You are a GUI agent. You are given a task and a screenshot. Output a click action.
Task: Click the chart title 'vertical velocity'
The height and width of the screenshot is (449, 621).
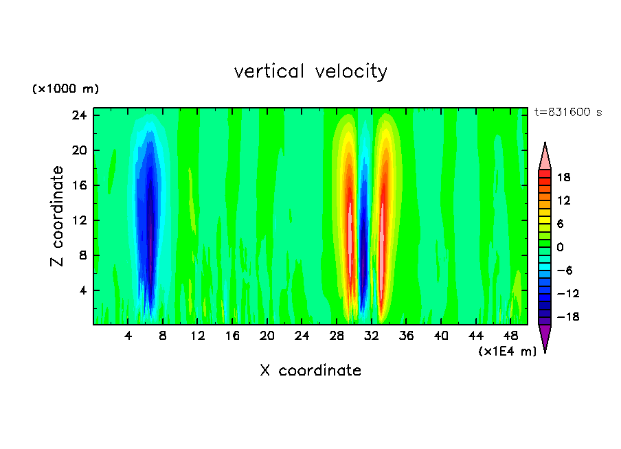click(310, 71)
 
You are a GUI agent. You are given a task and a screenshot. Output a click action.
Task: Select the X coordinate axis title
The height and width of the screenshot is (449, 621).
click(310, 371)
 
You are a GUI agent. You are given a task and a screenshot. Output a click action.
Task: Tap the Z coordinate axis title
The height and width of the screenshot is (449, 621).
click(58, 216)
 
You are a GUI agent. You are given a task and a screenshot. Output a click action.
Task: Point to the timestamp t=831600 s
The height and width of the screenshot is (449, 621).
click(567, 113)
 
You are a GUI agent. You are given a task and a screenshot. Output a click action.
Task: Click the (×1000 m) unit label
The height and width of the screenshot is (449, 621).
click(66, 89)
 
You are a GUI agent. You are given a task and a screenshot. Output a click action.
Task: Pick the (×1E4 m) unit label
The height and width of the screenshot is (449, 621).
click(507, 352)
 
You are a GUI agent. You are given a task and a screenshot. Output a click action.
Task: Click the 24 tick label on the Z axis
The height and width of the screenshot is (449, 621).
click(80, 115)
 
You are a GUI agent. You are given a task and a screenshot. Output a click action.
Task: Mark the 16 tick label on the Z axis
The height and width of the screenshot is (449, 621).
click(80, 185)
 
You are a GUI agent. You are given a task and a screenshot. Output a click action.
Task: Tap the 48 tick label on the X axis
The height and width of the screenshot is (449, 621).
click(510, 336)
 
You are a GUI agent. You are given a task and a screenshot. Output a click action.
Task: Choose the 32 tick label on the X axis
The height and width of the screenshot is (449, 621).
click(372, 336)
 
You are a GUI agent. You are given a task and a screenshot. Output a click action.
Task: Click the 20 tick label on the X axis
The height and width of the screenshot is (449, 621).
click(267, 336)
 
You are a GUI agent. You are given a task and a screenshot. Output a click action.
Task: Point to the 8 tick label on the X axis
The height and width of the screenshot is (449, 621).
click(163, 336)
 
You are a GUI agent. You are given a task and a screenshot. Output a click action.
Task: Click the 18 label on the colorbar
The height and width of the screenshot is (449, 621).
click(563, 177)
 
